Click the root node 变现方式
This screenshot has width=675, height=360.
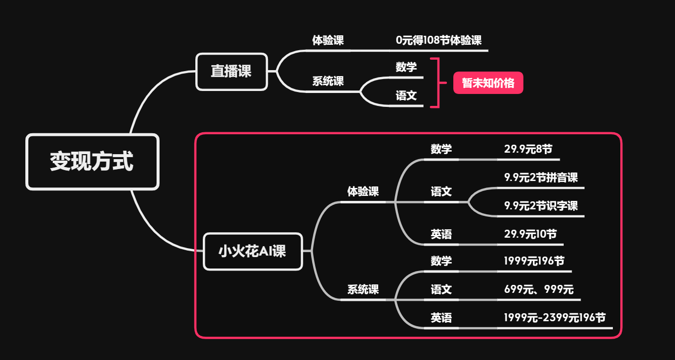pos(92,162)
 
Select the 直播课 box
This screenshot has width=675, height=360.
pos(232,72)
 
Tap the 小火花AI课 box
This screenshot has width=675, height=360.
pos(253,252)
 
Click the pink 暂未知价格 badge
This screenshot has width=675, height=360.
pos(488,83)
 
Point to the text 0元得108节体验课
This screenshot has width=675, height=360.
pos(438,41)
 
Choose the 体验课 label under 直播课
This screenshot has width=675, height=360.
pos(328,41)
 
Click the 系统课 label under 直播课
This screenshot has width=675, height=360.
pos(328,81)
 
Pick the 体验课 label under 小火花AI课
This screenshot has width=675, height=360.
pos(363,191)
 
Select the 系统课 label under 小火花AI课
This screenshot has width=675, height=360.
pos(363,289)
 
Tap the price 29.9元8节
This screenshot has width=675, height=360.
pos(528,149)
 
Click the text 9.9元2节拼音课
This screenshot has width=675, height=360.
pos(541,178)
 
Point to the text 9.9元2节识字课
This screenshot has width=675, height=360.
pos(541,206)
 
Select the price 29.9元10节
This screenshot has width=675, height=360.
pos(530,234)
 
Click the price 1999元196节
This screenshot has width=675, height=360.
pos(534,261)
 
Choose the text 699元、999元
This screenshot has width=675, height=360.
pos(538,289)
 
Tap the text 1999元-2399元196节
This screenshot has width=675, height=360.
pos(555,318)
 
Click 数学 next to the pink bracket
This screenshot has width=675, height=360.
pos(406,67)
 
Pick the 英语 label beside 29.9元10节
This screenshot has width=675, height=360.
pos(441,234)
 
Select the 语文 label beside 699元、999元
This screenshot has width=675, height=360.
pos(441,289)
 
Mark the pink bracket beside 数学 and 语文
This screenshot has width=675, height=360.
pos(437,83)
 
